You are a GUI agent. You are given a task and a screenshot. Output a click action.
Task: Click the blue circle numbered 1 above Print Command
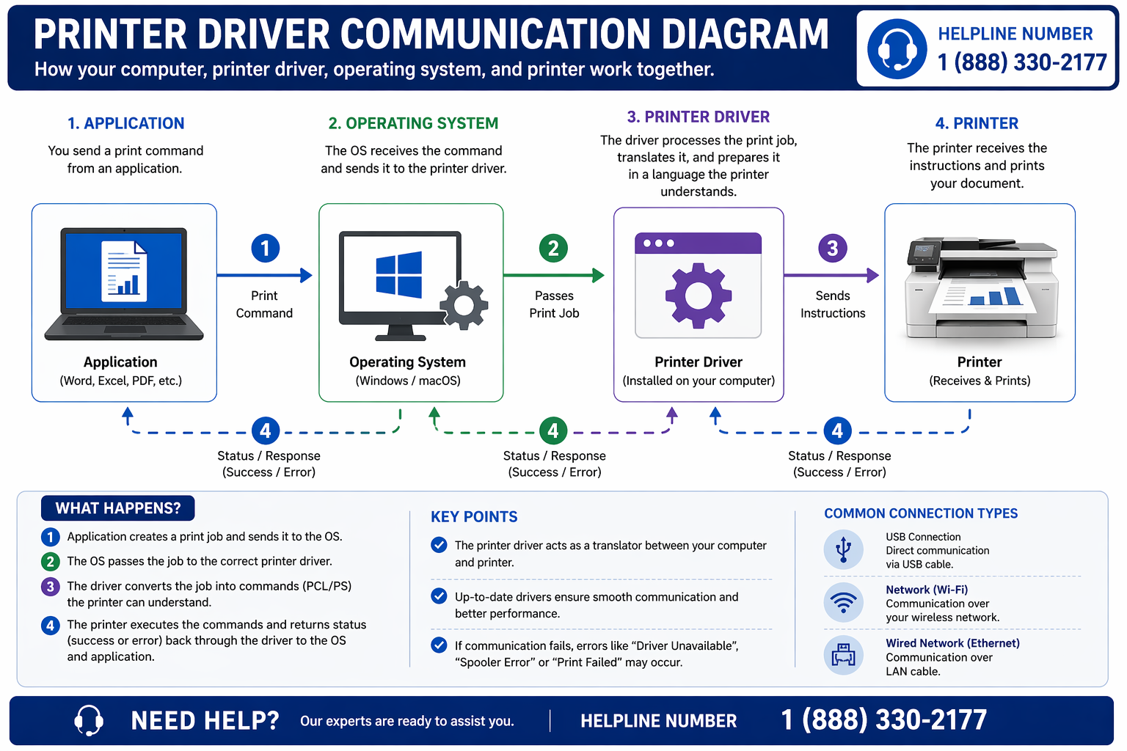[x=265, y=248]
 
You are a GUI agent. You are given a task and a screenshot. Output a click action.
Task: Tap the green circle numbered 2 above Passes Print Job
[x=553, y=248]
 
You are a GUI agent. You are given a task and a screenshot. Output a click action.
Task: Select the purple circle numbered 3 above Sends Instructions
[x=832, y=248]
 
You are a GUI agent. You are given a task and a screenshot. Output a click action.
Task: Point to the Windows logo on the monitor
[x=399, y=274]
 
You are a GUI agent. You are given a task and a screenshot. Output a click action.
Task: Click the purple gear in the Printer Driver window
[x=698, y=295]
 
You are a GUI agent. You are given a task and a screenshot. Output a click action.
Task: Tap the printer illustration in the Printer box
[x=981, y=289]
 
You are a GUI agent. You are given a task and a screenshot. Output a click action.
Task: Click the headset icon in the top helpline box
[x=897, y=49]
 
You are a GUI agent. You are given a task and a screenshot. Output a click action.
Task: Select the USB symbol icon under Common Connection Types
[x=843, y=549]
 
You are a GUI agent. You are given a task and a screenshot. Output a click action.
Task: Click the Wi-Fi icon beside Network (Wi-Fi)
[x=843, y=602]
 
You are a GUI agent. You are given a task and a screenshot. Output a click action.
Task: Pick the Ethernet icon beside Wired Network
[x=843, y=655]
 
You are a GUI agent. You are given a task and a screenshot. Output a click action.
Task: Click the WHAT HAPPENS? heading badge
[x=117, y=508]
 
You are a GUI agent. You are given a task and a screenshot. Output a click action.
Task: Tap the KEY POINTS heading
[x=474, y=517]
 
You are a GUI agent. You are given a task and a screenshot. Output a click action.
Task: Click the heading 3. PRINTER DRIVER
[x=698, y=117]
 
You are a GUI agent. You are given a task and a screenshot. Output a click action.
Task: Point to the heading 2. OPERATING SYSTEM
[x=413, y=123]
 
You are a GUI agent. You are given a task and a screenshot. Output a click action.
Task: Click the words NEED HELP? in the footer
[x=205, y=721]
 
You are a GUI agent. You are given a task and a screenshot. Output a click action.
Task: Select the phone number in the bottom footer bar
[x=883, y=720]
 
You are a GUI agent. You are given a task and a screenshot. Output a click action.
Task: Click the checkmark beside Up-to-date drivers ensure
[x=439, y=596]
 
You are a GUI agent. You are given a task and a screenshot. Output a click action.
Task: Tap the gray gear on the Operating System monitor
[x=464, y=304]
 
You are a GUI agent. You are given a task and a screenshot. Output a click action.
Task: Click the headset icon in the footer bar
[x=89, y=720]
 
